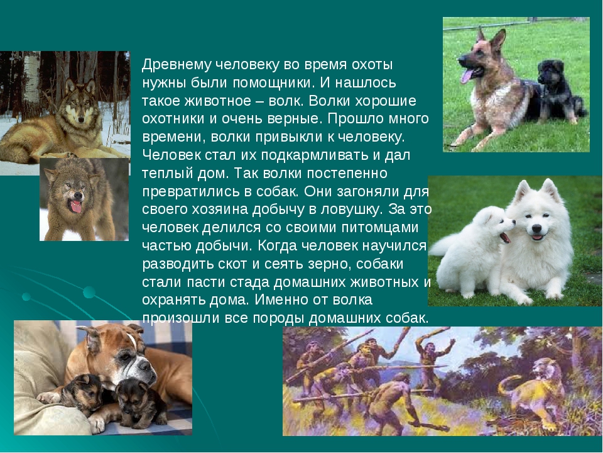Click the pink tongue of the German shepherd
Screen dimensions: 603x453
point(467,76)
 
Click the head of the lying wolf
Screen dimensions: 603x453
point(80,103)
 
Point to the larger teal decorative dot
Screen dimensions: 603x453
point(89,293)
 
